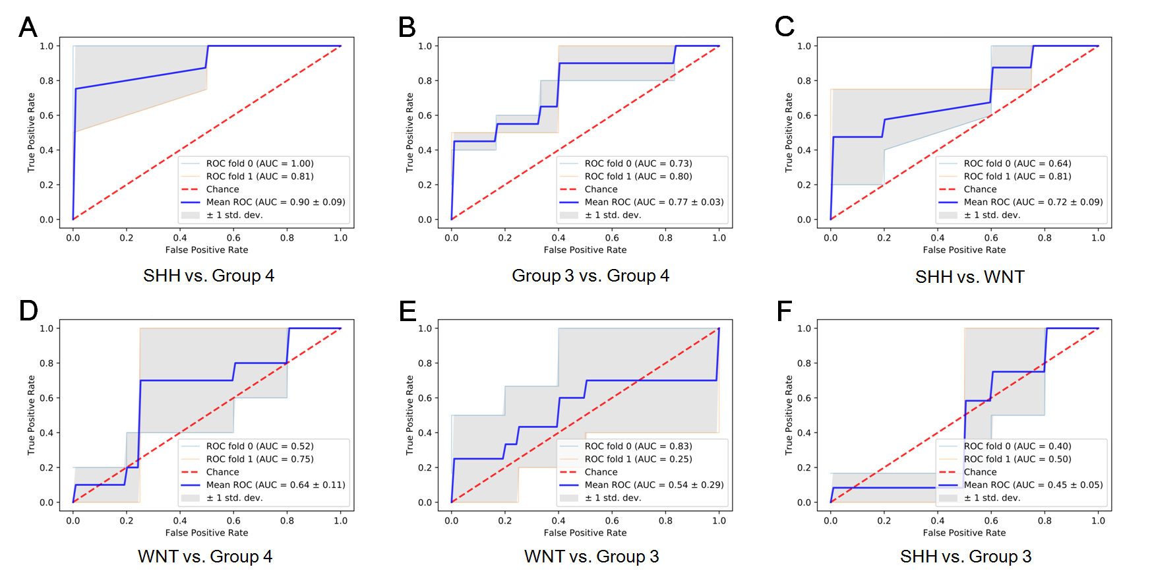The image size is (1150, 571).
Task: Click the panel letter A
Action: [28, 28]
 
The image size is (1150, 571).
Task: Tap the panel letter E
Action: [408, 311]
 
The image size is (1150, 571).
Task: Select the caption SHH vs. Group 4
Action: [208, 276]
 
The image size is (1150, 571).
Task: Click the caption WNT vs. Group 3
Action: [591, 556]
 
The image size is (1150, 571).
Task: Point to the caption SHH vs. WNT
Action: [969, 277]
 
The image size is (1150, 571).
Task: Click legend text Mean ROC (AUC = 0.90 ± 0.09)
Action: [276, 202]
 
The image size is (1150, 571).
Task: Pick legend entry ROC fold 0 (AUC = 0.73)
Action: [638, 164]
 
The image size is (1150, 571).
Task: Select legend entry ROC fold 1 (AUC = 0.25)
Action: [638, 459]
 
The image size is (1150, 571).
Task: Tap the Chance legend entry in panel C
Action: [980, 189]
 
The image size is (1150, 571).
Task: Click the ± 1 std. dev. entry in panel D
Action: [234, 498]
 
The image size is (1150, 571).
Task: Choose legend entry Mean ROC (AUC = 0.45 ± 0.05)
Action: [1033, 485]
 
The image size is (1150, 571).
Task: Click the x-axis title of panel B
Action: [585, 250]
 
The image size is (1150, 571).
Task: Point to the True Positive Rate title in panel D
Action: [31, 415]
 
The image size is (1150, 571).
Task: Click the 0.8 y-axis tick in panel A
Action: [46, 81]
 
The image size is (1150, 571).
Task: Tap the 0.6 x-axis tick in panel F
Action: [991, 520]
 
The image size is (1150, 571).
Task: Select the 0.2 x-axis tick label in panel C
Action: [884, 238]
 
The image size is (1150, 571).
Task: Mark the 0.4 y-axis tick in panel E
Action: [425, 433]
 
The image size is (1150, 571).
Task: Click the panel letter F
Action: [784, 311]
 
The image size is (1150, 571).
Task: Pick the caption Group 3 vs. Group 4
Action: [590, 276]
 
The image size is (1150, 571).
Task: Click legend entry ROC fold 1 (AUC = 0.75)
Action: [259, 459]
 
